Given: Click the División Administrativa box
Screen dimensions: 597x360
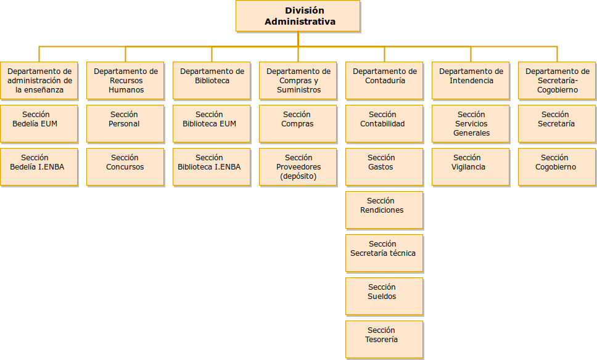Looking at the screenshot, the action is click(x=298, y=16).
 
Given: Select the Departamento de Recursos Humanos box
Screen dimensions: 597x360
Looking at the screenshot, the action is click(x=125, y=81).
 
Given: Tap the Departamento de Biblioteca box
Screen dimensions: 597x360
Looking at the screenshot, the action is click(x=212, y=81).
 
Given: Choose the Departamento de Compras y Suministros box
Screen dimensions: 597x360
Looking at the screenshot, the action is click(x=298, y=81).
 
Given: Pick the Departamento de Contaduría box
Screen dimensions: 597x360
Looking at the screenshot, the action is click(x=385, y=81).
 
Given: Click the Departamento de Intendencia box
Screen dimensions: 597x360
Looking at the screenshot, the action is click(x=471, y=81).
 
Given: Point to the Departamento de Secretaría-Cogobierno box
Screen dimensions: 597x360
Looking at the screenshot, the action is click(x=557, y=81).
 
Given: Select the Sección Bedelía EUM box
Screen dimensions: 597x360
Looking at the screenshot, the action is click(x=39, y=124).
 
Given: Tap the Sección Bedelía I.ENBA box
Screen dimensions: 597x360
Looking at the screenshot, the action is click(x=39, y=166).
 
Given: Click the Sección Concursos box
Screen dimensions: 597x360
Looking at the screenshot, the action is click(x=125, y=166).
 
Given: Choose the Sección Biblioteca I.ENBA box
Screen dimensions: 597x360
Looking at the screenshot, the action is click(x=212, y=166).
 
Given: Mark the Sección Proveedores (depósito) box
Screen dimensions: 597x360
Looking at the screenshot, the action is click(x=298, y=166).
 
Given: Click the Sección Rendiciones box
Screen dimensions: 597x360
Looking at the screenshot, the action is click(x=385, y=210).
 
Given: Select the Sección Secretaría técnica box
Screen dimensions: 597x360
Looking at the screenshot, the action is click(x=385, y=253).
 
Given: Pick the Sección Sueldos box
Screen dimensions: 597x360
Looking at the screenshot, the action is click(x=385, y=296).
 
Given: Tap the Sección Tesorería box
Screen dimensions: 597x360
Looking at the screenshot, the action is click(x=385, y=340).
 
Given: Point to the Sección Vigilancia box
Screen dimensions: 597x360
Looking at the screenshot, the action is click(x=471, y=166).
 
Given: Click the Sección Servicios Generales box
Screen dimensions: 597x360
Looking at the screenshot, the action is click(x=471, y=124).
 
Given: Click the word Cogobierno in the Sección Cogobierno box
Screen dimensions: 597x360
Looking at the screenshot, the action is click(x=556, y=167).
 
